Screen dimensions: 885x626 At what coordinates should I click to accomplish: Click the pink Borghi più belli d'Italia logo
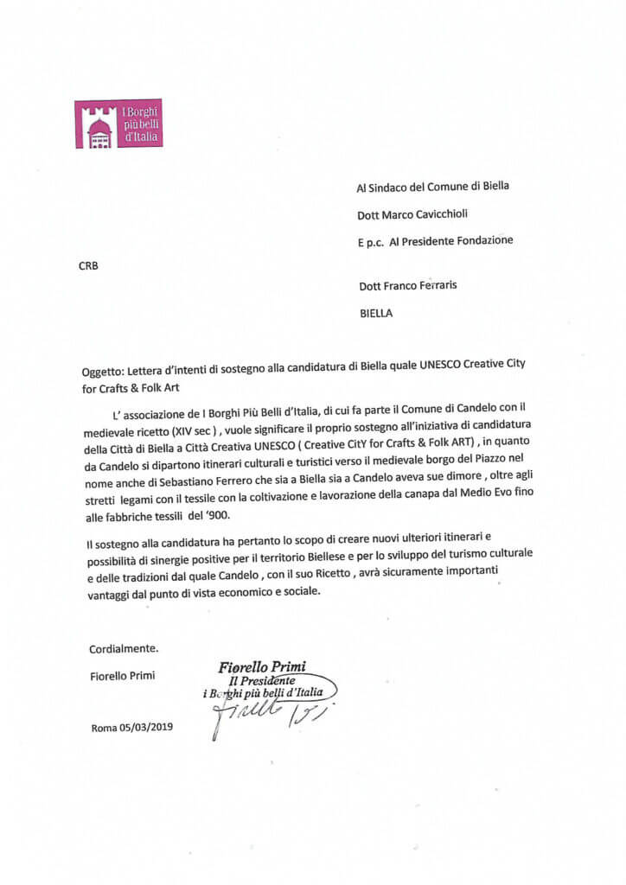(x=118, y=124)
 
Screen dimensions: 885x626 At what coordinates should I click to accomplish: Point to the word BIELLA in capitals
(x=376, y=314)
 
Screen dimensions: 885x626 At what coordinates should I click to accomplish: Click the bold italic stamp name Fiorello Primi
(x=263, y=666)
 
